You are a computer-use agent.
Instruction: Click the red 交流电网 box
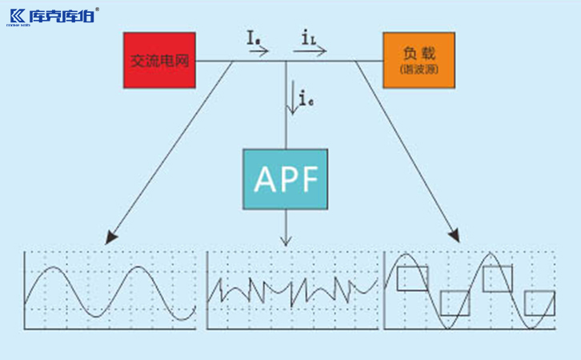159,60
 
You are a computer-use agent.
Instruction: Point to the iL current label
308,37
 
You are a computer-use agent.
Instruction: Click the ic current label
305,99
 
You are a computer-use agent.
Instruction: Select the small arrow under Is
259,50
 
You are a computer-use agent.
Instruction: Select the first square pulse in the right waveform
413,278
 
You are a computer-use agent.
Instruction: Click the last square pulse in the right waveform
539,303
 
